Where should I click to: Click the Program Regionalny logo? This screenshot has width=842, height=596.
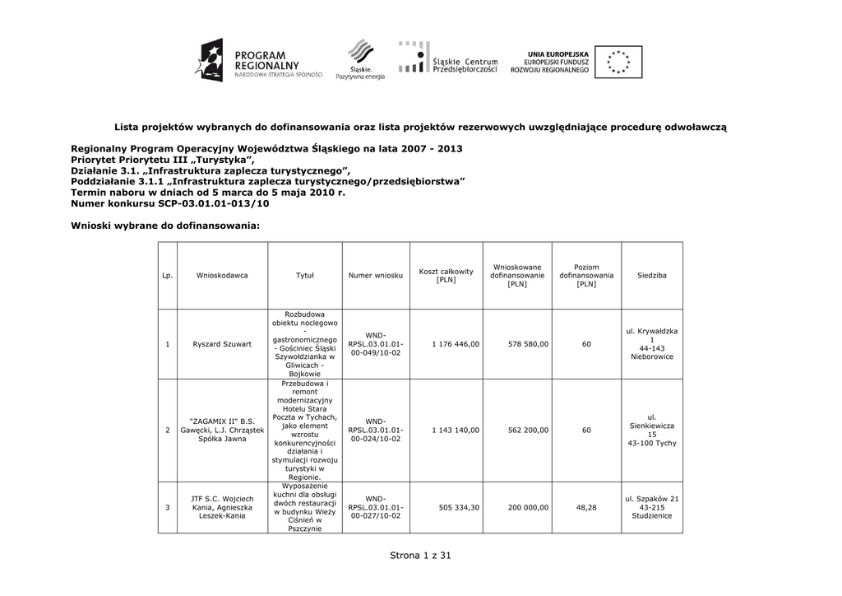tap(257, 60)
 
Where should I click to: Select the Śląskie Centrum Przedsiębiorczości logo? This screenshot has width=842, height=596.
tap(448, 59)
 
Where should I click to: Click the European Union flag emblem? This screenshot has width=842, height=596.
tap(618, 61)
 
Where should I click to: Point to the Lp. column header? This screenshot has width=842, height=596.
tap(167, 275)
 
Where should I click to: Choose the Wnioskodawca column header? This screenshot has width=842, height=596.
tap(222, 275)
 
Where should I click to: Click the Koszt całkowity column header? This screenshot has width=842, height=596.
tap(446, 275)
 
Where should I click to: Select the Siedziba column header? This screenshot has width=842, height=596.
tap(651, 275)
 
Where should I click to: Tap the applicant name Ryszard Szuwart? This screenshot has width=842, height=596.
tap(222, 343)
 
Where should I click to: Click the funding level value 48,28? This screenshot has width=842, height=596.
tap(586, 507)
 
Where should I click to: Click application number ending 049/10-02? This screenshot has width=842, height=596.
tap(376, 343)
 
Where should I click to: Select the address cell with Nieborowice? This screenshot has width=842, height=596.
tap(651, 343)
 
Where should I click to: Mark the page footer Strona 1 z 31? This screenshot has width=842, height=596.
tap(421, 556)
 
